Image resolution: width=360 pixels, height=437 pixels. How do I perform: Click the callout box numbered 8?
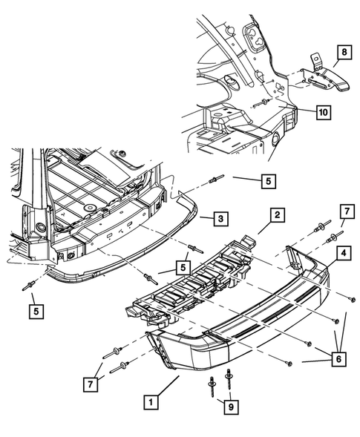coord(344,53)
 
